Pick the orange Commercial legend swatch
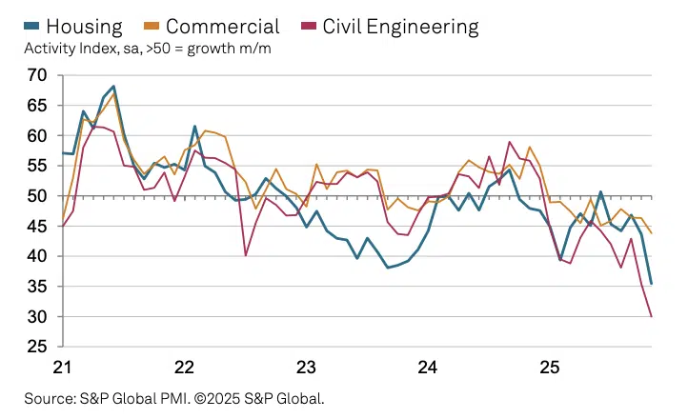pyautogui.click(x=168, y=26)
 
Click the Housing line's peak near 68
pyautogui.click(x=113, y=86)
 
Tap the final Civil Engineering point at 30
pyautogui.click(x=652, y=316)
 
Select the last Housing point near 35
pyautogui.click(x=652, y=283)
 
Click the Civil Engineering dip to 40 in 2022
pyautogui.click(x=246, y=255)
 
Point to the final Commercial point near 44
pyautogui.click(x=652, y=233)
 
